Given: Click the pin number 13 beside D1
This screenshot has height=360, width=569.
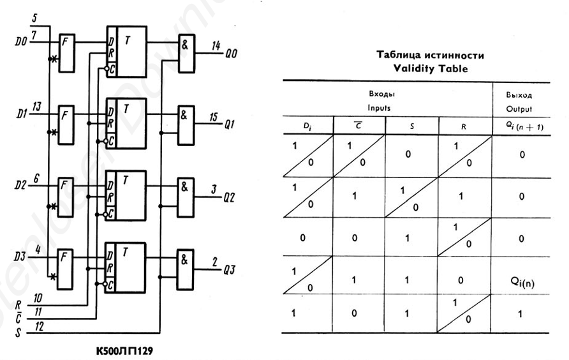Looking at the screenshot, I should pos(37,107).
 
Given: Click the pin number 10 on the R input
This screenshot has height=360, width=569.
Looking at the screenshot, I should pos(38,298).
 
